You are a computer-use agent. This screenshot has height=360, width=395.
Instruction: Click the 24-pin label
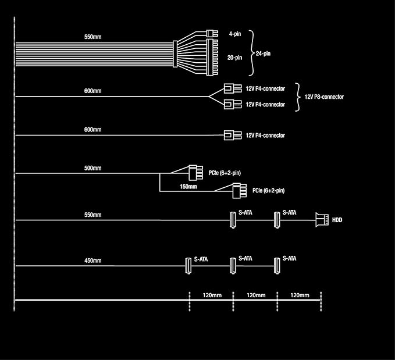pos(264,54)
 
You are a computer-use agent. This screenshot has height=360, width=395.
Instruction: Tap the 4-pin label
pos(234,34)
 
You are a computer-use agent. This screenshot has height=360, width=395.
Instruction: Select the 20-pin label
pos(236,58)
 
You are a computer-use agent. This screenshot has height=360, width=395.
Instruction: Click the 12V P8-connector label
pos(324,97)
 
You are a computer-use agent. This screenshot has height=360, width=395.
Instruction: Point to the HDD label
pos(337,220)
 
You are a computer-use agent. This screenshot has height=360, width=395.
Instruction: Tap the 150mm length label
pos(188,187)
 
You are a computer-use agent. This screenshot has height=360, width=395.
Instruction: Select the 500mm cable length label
pos(92,168)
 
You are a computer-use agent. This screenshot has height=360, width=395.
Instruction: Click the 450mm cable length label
pos(92,261)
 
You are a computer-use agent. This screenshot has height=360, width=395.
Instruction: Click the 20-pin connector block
pos(211,59)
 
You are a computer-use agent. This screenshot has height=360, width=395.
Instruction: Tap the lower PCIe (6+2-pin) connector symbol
pos(239,190)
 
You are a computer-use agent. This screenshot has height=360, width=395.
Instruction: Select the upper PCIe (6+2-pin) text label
pos(224,173)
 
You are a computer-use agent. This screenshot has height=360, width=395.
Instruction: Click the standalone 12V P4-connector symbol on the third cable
pos(232,136)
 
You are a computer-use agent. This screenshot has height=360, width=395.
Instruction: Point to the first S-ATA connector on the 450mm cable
pos(188,266)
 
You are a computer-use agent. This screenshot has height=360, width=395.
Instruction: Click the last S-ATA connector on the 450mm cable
pos(277,266)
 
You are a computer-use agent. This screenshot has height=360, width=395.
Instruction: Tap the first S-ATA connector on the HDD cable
pos(232,220)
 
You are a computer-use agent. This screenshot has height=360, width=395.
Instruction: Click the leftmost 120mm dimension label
pos(212,295)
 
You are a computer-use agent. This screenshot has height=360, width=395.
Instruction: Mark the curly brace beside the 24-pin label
pos(252,54)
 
